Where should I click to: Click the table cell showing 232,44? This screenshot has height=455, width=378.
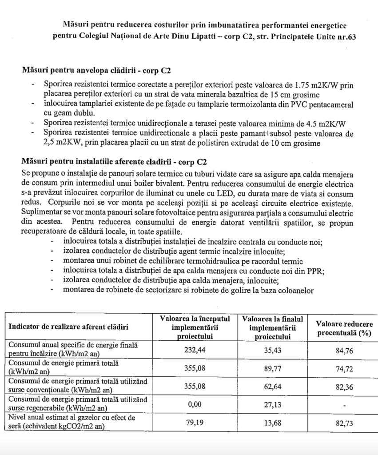click(194, 350)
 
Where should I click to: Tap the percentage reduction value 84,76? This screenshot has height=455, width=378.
click(344, 350)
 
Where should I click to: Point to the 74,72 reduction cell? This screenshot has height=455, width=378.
click(344, 368)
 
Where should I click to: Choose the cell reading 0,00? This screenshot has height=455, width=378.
click(194, 404)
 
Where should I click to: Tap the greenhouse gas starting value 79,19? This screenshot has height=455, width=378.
click(194, 423)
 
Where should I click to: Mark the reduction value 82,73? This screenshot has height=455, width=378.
click(344, 423)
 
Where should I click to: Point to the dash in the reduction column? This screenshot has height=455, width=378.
click(344, 405)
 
